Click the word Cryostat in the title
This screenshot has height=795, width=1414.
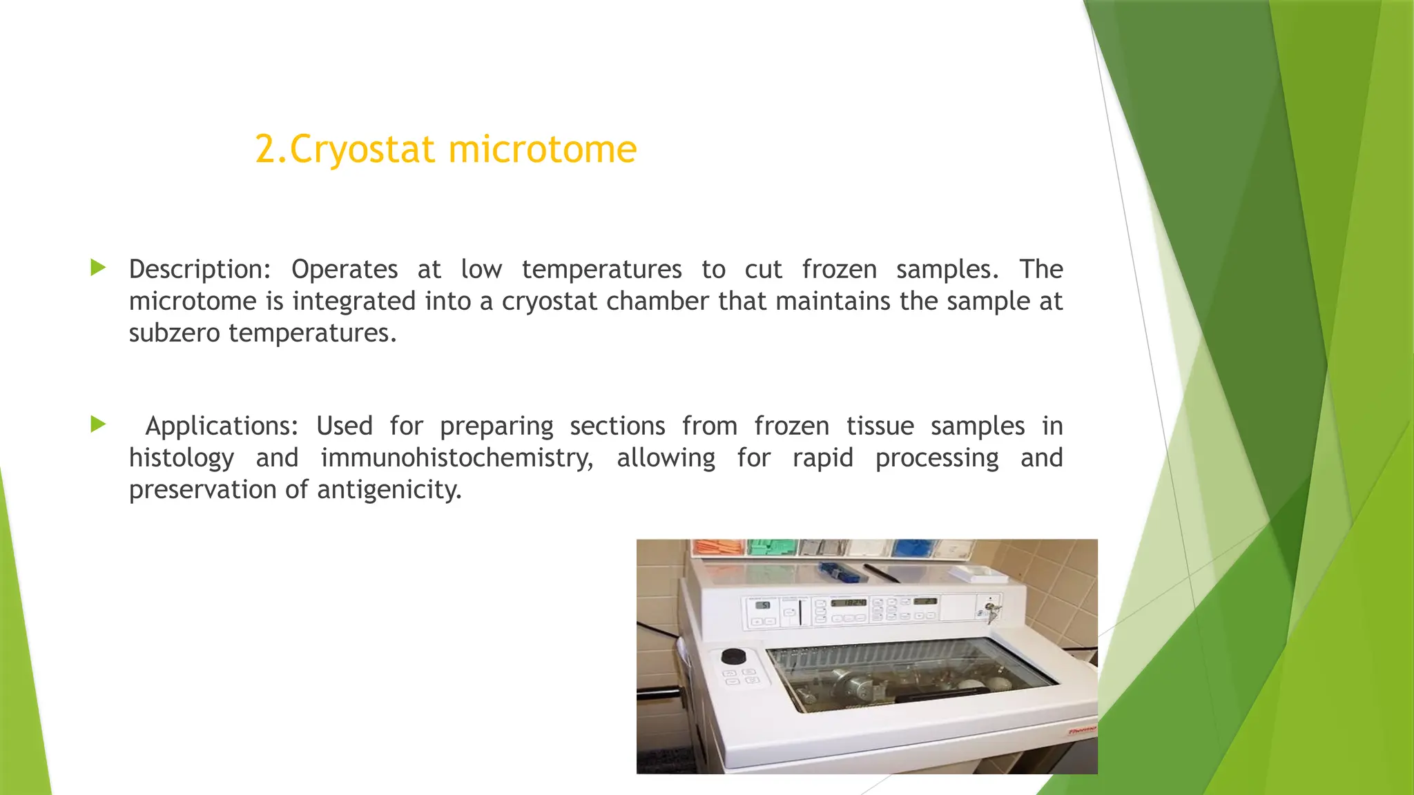[x=362, y=150]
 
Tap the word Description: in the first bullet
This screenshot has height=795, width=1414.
[x=200, y=269]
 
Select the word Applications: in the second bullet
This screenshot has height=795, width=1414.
[x=221, y=426]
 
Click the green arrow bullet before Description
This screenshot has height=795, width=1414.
[x=98, y=268]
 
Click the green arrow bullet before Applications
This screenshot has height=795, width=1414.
[x=98, y=424]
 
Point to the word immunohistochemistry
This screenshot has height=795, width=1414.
[x=456, y=458]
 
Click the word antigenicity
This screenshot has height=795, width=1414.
[x=389, y=490]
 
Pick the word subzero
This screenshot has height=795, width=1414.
[x=175, y=333]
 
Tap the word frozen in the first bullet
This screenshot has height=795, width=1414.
[x=839, y=269]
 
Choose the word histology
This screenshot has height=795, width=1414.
[x=182, y=458]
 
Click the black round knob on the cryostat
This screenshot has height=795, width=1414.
[x=733, y=656]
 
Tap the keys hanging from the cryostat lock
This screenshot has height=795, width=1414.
[x=992, y=611]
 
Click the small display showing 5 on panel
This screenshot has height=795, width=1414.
[x=764, y=605]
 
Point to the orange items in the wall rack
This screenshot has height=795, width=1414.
[x=718, y=548]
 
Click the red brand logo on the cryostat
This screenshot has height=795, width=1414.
[x=1081, y=730]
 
